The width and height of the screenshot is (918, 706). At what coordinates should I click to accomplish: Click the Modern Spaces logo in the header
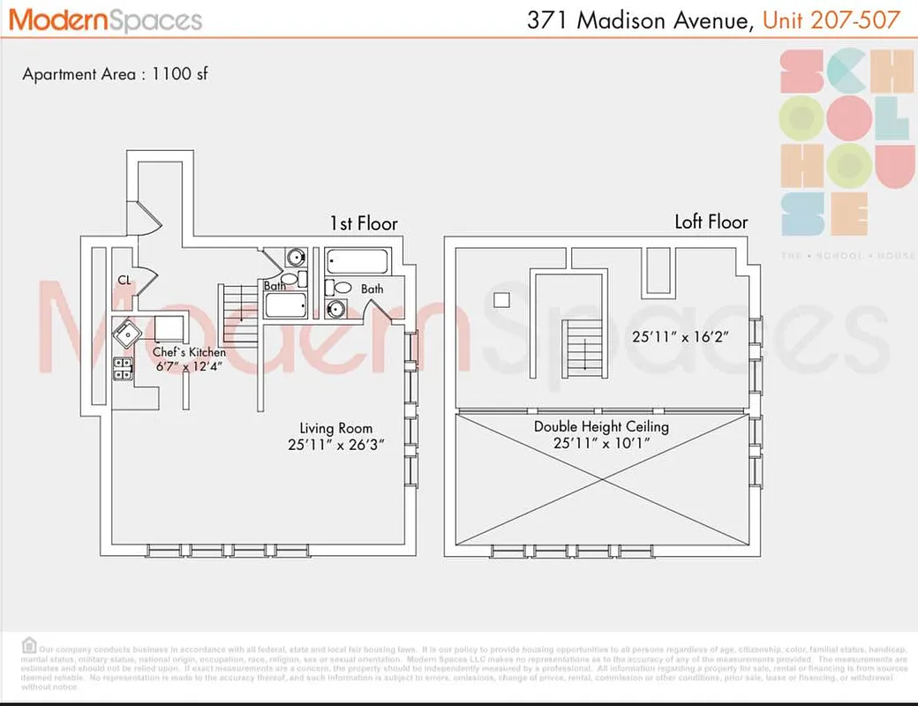click(106, 19)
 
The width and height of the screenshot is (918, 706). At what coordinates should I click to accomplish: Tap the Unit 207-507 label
click(831, 19)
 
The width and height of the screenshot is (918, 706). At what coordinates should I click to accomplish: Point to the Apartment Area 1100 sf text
click(115, 74)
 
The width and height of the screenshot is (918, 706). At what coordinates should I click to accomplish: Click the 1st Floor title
click(364, 223)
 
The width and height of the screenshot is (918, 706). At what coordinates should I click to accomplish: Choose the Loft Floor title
click(711, 222)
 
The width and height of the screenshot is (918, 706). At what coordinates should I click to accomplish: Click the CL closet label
click(125, 281)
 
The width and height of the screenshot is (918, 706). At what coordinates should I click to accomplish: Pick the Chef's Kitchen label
click(189, 353)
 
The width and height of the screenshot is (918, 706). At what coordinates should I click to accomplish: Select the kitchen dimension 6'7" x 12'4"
click(189, 367)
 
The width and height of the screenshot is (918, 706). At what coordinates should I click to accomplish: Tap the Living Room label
click(335, 428)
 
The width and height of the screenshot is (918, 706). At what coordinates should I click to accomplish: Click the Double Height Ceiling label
click(601, 427)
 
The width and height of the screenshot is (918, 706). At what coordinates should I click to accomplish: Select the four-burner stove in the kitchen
click(123, 369)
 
